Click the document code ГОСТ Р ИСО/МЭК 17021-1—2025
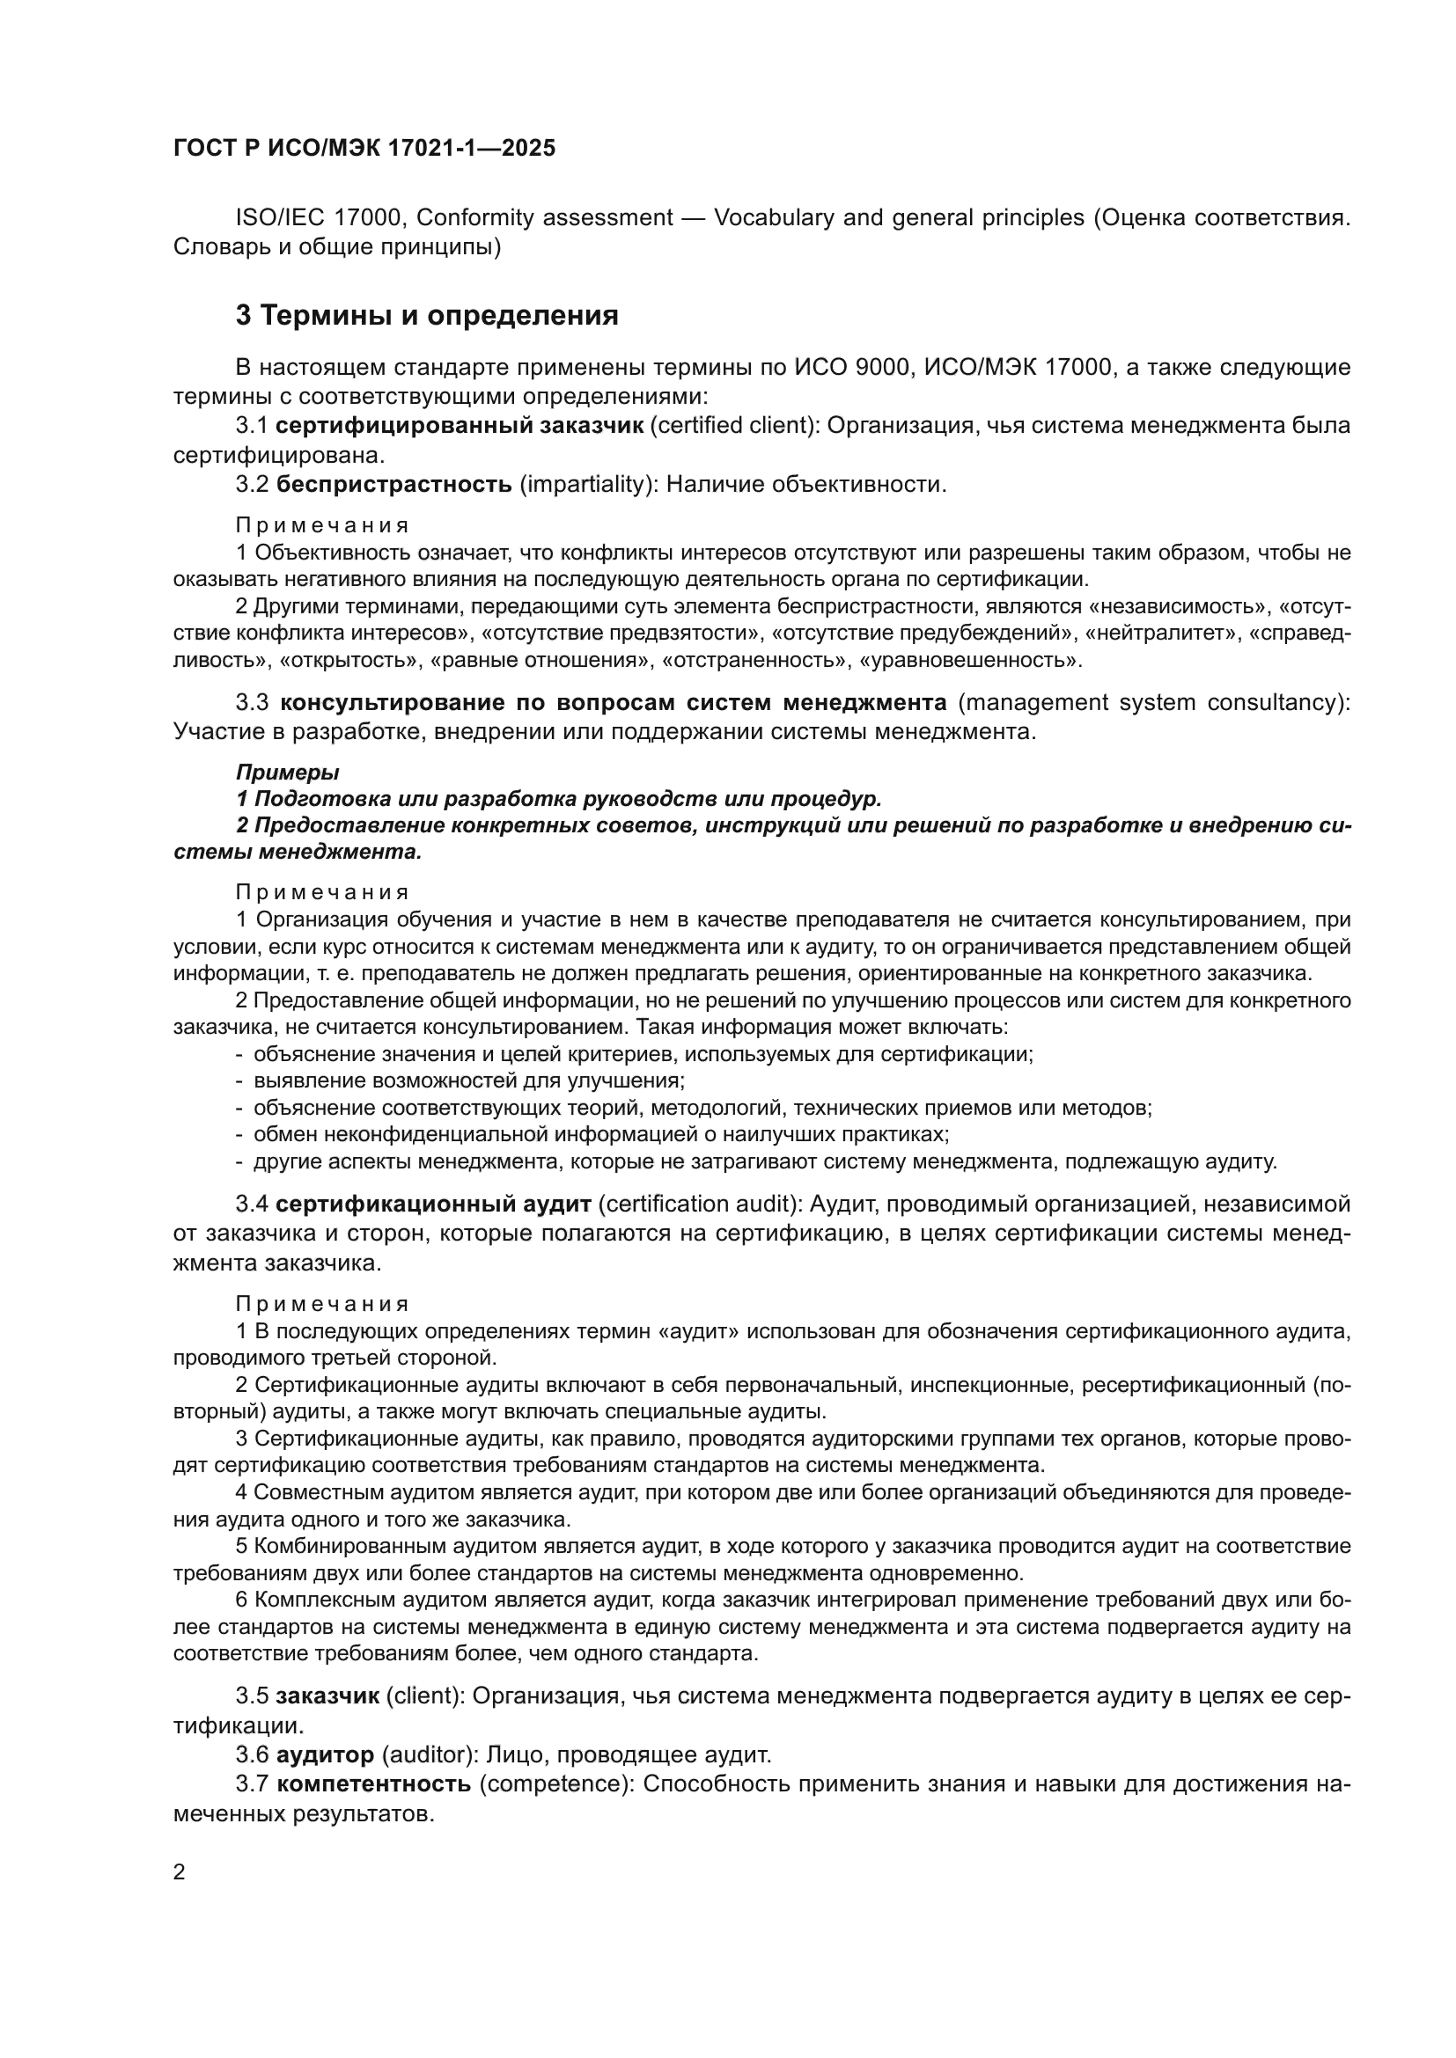point(364,148)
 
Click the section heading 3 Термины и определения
point(427,316)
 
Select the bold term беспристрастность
point(393,485)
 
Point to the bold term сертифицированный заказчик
point(459,426)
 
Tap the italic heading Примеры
point(287,772)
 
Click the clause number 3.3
point(252,702)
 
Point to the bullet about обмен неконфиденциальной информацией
point(600,1134)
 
